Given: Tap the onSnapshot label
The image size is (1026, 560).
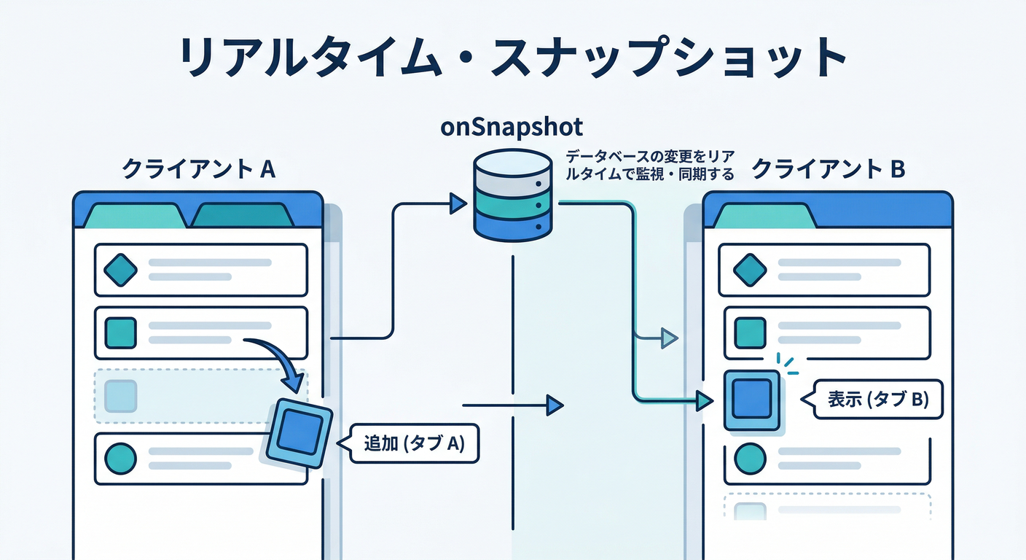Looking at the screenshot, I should coord(512,126).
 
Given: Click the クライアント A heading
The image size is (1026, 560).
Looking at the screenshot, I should coord(198,169).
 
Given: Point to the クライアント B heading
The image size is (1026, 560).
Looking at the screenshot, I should coord(828,169).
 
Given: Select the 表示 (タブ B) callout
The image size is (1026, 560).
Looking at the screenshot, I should coord(877,400).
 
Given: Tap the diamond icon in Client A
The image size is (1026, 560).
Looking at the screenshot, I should coord(121,271).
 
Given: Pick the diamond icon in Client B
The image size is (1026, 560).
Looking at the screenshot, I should coord(751,271).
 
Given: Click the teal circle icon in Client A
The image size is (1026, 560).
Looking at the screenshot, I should coord(121,459).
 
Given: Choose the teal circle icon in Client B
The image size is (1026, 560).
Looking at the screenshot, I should coord(751,459).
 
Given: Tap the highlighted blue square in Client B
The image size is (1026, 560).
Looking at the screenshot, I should coord(751,400).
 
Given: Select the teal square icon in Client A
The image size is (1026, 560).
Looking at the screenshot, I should coord(121,333).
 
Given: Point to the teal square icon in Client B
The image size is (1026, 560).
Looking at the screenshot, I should coord(751,333).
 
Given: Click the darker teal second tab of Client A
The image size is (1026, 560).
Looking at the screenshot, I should coord(242,216).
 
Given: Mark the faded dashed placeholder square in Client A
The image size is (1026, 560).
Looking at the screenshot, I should coord(121,396).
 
